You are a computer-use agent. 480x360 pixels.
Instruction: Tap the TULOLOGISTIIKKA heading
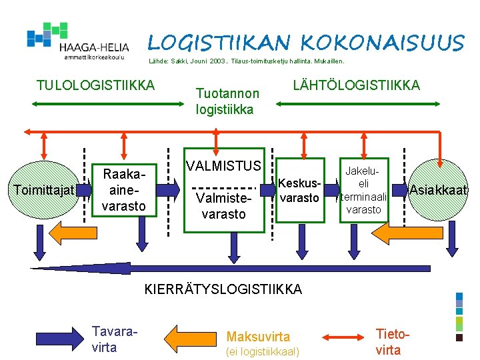click(x=95, y=85)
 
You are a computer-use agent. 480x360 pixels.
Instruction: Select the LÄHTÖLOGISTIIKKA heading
click(x=357, y=85)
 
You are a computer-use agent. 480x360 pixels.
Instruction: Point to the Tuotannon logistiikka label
click(x=225, y=102)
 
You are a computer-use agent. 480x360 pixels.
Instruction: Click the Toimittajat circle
click(x=45, y=191)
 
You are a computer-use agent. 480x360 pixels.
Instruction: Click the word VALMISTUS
click(x=224, y=165)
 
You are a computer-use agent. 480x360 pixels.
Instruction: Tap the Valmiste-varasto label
click(x=224, y=207)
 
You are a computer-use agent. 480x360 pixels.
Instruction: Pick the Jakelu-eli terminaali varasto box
click(x=363, y=191)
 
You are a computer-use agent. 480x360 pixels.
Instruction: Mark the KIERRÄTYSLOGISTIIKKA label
click(x=223, y=289)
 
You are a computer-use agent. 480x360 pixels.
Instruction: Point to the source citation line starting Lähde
click(x=246, y=61)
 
